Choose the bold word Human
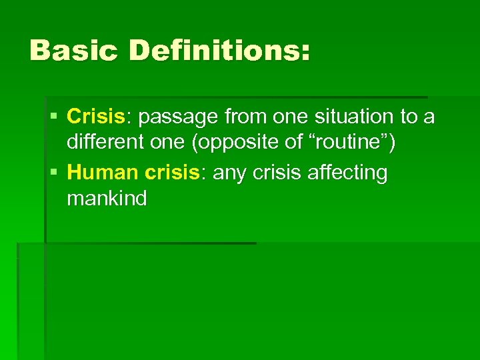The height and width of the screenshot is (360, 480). (x=101, y=173)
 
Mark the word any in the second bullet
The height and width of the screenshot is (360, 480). (x=229, y=173)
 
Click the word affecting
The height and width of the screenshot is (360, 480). (x=347, y=173)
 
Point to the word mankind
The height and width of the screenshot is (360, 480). (x=107, y=199)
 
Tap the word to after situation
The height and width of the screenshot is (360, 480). (x=408, y=117)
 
